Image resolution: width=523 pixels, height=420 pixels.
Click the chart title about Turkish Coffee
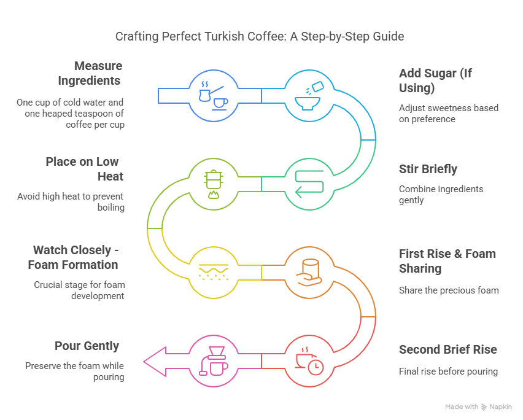260,37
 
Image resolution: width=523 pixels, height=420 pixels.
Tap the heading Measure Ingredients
90,73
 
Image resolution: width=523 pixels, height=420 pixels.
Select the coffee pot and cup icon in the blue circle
212,95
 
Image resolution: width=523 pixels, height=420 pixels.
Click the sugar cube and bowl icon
308,95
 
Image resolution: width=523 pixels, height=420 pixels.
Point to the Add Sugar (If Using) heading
435,80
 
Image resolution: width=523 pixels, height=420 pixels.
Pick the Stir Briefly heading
428,169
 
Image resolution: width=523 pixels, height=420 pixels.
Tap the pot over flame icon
212,183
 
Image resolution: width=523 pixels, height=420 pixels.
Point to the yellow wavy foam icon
212,271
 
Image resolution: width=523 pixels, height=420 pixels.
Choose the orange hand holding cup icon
308,271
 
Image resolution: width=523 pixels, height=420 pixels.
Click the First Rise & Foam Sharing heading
447,261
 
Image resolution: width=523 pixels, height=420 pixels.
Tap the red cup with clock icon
308,359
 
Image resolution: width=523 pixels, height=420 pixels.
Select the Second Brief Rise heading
447,349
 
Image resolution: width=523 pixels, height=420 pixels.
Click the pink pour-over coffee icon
212,359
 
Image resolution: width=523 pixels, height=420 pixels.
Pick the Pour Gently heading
87,346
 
